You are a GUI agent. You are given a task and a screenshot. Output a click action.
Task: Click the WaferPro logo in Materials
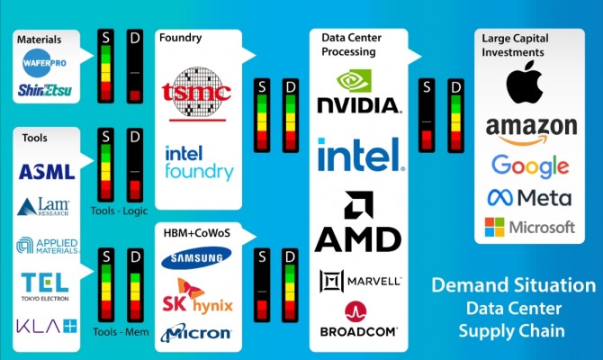pos(45,63)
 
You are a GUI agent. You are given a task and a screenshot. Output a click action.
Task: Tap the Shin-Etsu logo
pos(45,90)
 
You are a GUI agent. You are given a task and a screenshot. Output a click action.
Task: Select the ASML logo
pos(47,172)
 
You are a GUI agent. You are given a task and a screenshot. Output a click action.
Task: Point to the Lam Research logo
pos(43,206)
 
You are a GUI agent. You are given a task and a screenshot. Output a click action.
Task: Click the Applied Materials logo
pos(48,247)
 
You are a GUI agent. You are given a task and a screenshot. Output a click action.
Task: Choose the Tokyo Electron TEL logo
pos(45,287)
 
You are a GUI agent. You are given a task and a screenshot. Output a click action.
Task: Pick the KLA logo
pos(47,326)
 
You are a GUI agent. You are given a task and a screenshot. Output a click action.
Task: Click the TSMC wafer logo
pos(196,94)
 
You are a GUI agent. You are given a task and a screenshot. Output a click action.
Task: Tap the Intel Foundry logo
pos(199,163)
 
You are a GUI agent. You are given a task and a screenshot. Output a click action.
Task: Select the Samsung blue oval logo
pos(196,257)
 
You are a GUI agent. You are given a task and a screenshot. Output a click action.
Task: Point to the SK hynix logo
pos(197,296)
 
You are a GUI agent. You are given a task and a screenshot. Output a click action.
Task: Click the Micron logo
pos(196,333)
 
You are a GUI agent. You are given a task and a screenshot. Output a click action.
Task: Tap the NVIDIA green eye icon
pos(355,81)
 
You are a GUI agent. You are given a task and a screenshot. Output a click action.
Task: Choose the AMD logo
pos(358,221)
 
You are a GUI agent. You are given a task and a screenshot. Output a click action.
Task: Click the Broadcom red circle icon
pos(355,311)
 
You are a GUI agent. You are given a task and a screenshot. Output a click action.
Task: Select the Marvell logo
pos(361,281)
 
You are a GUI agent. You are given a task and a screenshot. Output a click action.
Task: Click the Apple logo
pos(524,82)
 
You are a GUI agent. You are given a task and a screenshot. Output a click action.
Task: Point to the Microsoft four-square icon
pos(495,227)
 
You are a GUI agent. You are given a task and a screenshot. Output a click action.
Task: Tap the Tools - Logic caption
pos(119,211)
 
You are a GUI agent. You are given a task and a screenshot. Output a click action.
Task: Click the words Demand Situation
pos(514,285)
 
